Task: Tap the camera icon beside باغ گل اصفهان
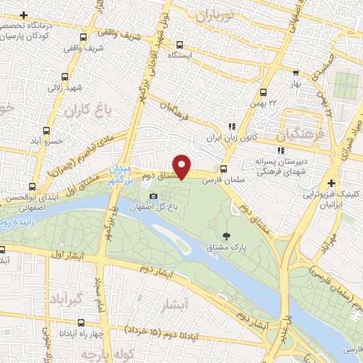click(153, 196)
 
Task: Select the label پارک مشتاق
click(228, 247)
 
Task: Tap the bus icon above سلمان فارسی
click(224, 169)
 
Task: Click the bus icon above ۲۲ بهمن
click(264, 91)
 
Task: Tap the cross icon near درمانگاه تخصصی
click(25, 16)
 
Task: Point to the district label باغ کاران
click(79, 113)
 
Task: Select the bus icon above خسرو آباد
click(46, 130)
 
